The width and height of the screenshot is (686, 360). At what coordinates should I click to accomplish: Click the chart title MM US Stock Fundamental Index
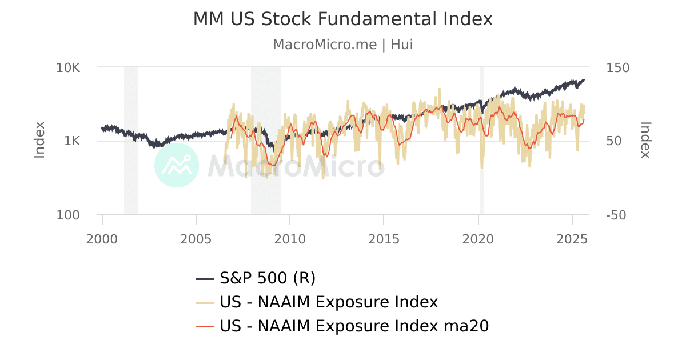tap(342, 19)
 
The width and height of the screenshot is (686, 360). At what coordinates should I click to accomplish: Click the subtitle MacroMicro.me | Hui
tap(342, 45)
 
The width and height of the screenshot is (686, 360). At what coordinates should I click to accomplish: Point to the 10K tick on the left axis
tap(68, 67)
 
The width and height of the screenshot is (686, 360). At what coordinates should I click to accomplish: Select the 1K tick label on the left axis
tap(72, 141)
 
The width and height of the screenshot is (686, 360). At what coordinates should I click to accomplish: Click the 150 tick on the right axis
tap(617, 67)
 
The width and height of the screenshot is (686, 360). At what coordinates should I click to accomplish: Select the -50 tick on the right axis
tap(616, 215)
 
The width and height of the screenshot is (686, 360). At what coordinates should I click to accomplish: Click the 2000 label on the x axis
tap(102, 238)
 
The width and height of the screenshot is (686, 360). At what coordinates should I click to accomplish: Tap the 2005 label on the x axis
tap(196, 238)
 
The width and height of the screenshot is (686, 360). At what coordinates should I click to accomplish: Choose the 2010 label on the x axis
tap(290, 238)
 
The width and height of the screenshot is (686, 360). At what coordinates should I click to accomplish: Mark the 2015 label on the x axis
tap(384, 238)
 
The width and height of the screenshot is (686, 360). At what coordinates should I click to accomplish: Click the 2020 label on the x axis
tap(478, 238)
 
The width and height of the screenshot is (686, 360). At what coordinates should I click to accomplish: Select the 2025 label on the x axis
tap(572, 238)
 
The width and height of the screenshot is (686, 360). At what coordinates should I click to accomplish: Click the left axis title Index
tap(39, 140)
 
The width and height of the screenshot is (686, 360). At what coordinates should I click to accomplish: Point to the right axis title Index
tap(645, 140)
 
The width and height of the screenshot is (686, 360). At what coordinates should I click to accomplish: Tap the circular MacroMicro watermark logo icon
tap(177, 165)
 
